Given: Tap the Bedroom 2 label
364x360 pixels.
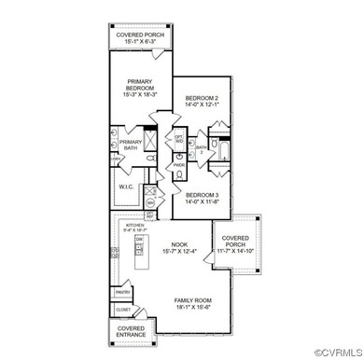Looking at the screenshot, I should [x=201, y=98].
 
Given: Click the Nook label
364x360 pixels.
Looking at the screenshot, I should [x=179, y=244].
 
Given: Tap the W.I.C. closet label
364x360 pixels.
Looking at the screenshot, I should [x=128, y=187].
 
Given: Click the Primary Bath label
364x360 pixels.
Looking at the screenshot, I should [x=131, y=145].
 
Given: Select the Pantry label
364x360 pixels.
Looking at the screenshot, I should [x=123, y=292].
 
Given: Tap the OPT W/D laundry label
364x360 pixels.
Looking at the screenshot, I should [x=179, y=139].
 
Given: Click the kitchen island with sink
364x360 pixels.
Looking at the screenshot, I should [x=142, y=253].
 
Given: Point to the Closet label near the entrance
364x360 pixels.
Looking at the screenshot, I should [x=123, y=310].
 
